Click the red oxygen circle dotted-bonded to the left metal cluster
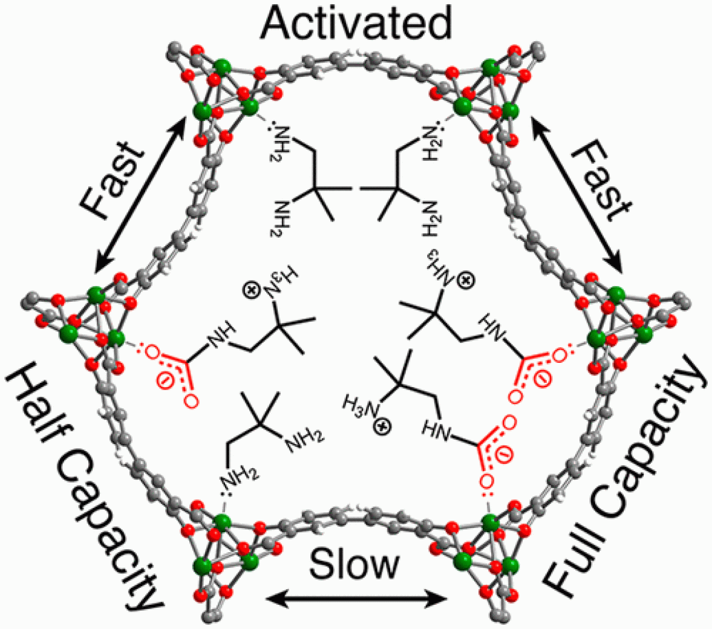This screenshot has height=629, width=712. (153, 352)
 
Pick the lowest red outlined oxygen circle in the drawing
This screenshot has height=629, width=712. (488, 480)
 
